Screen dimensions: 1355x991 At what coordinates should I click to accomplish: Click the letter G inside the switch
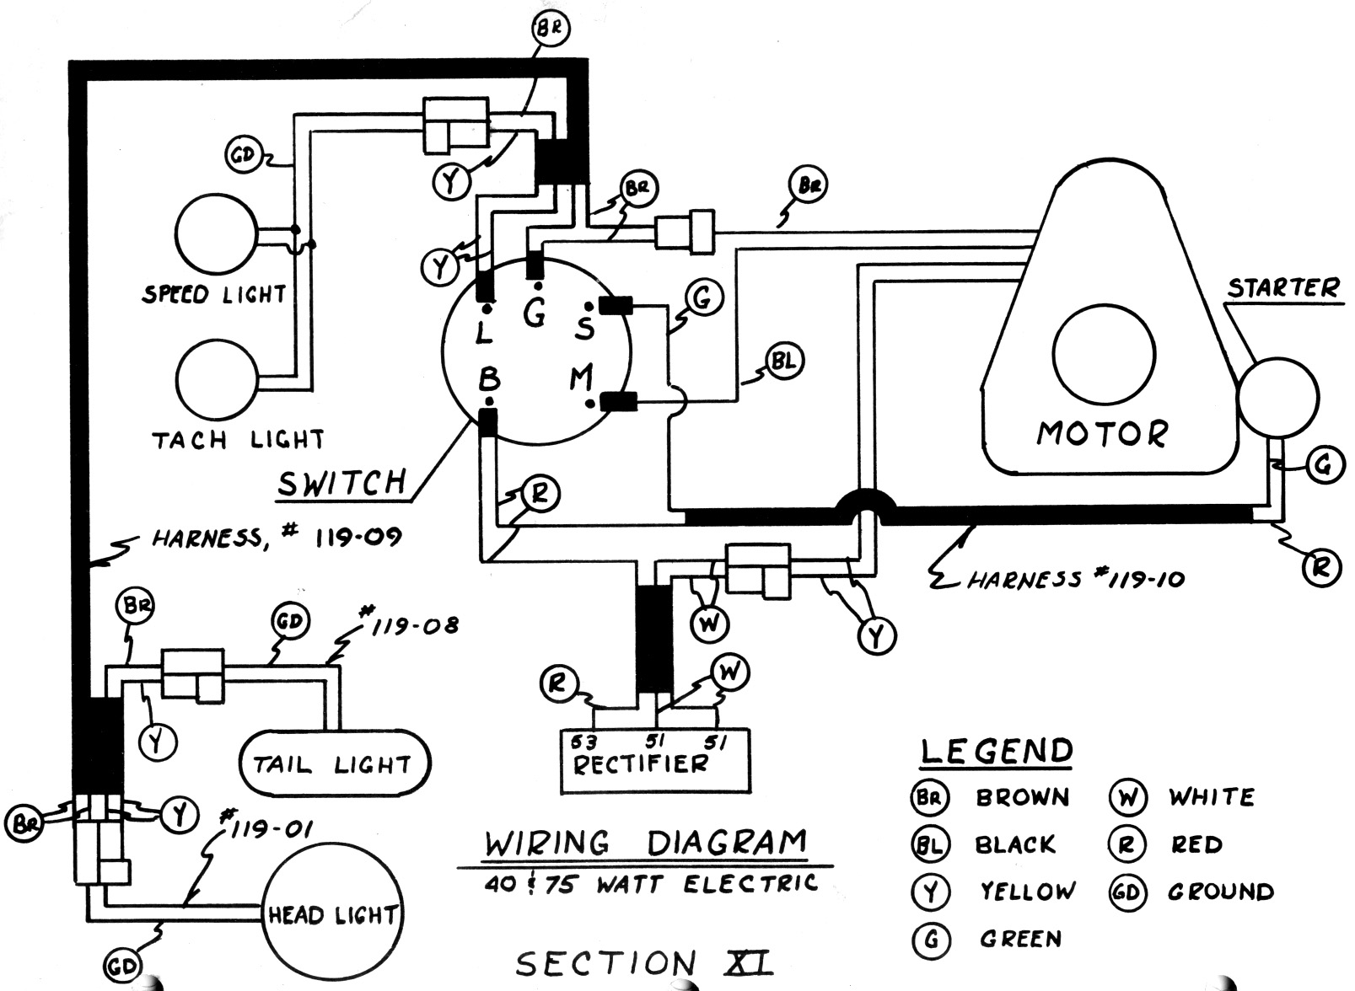535,313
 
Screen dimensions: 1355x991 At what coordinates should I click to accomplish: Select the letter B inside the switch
489,380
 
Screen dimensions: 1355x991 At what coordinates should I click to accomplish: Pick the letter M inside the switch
581,378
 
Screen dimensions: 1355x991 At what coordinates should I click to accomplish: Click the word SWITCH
341,483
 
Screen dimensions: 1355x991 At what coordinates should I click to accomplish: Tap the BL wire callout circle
784,361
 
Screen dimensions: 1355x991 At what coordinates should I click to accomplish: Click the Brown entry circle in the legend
930,797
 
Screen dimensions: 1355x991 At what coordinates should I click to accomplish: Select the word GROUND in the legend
1221,892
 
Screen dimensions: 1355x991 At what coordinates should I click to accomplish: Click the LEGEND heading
997,752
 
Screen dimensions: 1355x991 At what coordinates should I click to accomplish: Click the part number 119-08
408,623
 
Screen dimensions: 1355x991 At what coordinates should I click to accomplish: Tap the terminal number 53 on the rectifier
583,742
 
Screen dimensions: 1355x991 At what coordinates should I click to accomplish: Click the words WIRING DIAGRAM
645,842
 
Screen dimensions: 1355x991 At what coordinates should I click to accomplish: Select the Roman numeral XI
749,962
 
